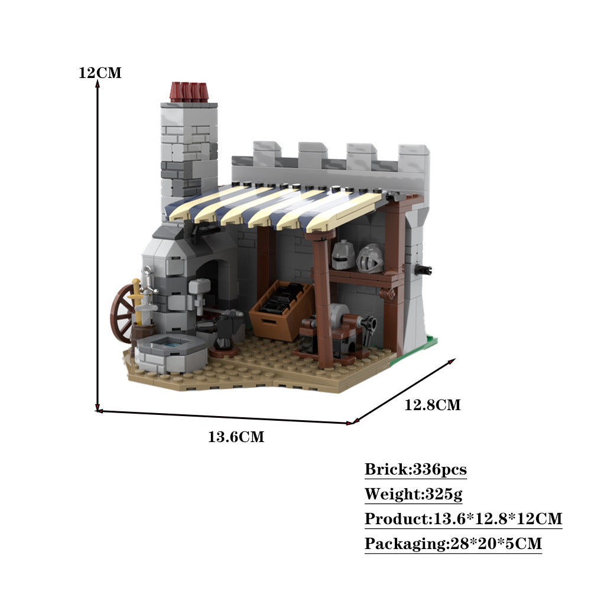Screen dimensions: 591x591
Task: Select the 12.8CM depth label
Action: pos(432,405)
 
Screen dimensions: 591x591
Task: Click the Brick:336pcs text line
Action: pos(415,470)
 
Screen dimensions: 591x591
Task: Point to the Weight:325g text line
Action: pos(405,494)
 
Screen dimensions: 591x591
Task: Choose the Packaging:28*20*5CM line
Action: pos(453,544)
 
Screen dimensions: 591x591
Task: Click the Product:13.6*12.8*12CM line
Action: pos(463,519)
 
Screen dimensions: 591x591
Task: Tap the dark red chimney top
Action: pos(189,92)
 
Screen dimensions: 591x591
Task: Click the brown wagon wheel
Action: pos(122,313)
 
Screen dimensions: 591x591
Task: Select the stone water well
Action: pos(171,352)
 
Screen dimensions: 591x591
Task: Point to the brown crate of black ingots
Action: pos(282,309)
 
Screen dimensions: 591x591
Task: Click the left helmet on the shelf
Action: pos(342,255)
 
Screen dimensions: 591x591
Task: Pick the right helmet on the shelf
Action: pos(371,258)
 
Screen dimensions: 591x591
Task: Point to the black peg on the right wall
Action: pos(423,270)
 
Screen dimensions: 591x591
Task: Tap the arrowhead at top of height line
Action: pos(98,83)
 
